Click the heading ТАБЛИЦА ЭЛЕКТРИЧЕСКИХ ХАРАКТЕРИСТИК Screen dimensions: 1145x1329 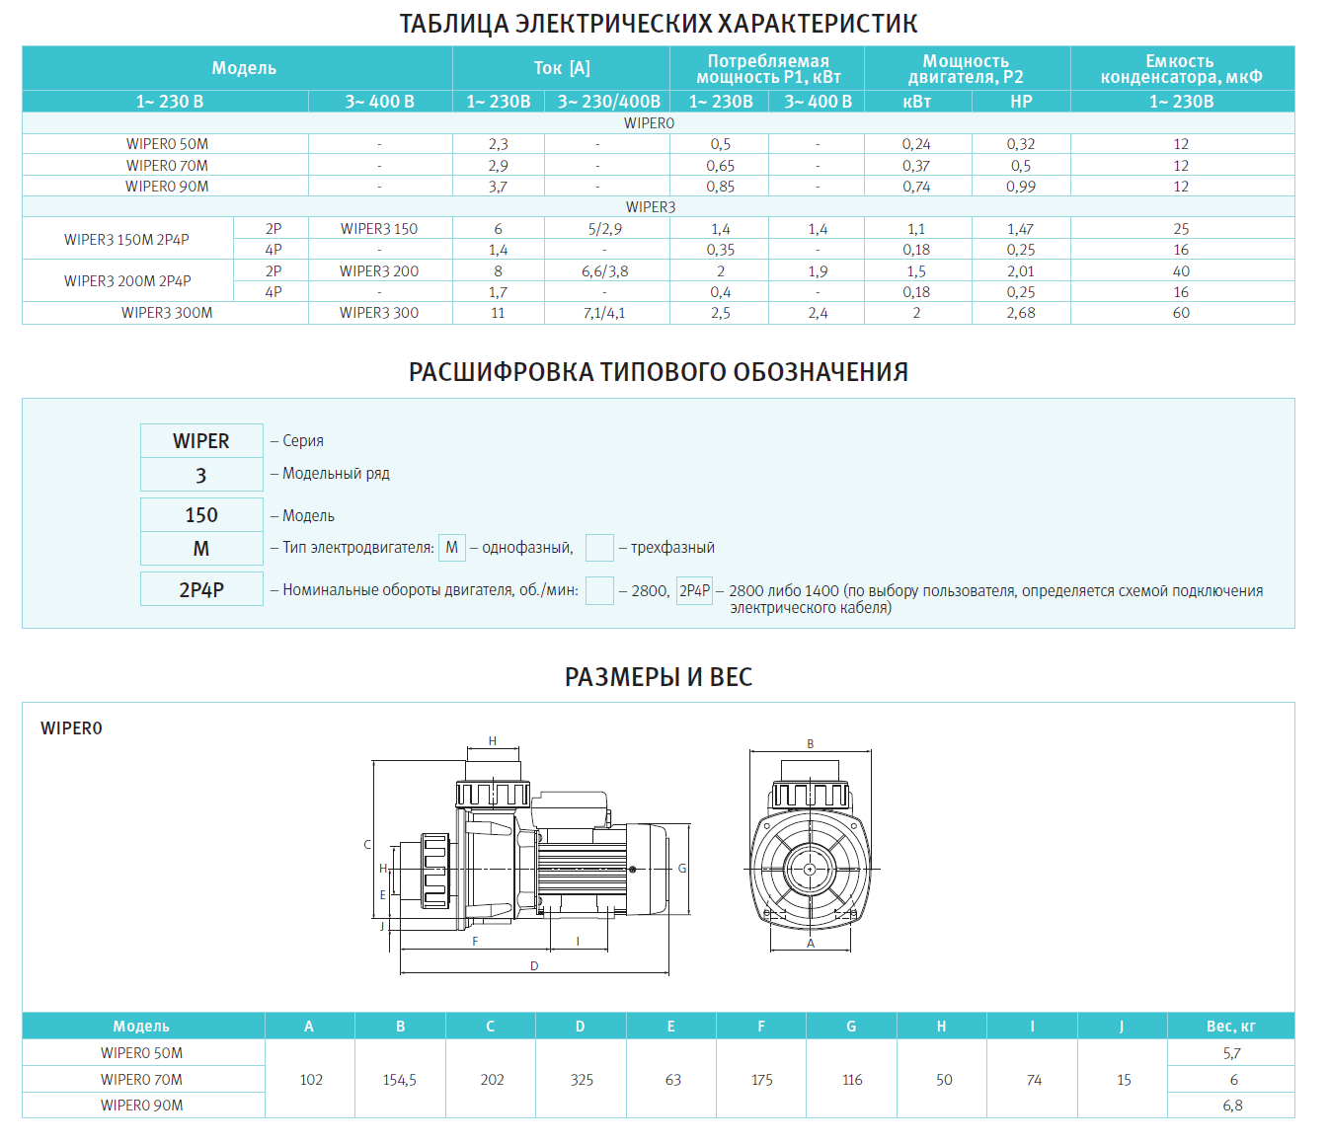(x=658, y=24)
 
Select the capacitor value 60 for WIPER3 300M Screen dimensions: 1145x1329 (x=1181, y=313)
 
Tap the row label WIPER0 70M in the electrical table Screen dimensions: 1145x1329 (x=167, y=166)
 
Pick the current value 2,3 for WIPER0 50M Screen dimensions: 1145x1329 (x=498, y=144)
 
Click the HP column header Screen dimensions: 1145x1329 (x=1021, y=102)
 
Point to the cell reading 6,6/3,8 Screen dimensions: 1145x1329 (x=605, y=271)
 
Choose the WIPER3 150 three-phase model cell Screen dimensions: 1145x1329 (x=379, y=229)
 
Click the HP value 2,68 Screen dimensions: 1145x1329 (x=1021, y=313)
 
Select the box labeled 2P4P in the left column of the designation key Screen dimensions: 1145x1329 (x=201, y=589)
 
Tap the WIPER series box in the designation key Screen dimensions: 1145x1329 (x=201, y=441)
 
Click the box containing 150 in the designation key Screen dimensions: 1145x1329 (x=201, y=515)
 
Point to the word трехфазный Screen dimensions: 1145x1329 (x=672, y=548)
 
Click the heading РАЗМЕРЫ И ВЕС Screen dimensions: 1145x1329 (x=659, y=677)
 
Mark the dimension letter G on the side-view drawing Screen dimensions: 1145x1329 (x=681, y=869)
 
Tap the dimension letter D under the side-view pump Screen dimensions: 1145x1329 (x=534, y=966)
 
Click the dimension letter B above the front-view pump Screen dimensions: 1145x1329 (x=811, y=744)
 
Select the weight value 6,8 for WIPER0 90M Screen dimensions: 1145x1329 (x=1232, y=1106)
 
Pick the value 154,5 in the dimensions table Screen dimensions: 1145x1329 (x=400, y=1080)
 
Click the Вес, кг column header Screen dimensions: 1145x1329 (x=1230, y=1027)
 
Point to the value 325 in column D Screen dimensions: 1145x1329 (x=582, y=1080)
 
